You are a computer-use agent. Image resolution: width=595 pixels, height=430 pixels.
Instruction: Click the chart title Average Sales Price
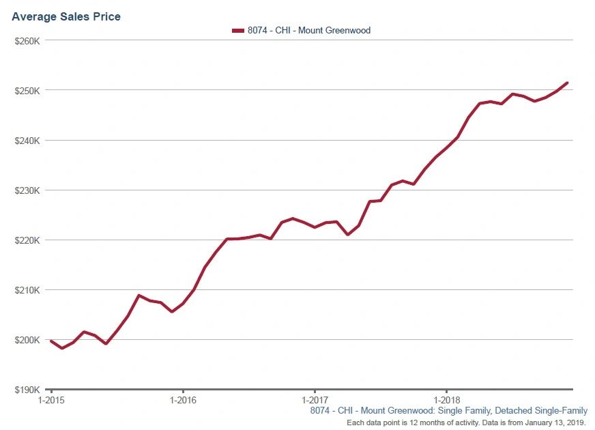(66, 16)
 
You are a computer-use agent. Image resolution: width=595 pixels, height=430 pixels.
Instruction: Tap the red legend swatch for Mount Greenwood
(238, 31)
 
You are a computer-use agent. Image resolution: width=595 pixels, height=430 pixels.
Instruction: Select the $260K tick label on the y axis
(29, 41)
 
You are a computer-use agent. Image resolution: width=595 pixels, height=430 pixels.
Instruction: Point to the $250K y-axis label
(29, 91)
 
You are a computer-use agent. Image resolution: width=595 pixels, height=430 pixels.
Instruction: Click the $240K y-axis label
(29, 141)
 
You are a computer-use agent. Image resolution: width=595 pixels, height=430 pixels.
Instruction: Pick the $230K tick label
(29, 190)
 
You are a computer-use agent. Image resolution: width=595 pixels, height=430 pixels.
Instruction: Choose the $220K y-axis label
(29, 240)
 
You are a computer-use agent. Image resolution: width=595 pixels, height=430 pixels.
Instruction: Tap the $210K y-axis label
(29, 290)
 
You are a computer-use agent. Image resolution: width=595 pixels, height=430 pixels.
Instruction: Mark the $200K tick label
(29, 340)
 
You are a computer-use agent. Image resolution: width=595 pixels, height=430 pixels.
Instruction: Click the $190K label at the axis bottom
(29, 390)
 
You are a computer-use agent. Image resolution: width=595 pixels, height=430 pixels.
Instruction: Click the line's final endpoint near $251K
(567, 83)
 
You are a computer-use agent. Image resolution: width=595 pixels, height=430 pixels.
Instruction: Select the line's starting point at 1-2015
(51, 341)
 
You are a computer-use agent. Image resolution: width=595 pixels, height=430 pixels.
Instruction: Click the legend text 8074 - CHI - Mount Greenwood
(308, 31)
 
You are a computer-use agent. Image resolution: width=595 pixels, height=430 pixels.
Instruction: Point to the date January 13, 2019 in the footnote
(551, 423)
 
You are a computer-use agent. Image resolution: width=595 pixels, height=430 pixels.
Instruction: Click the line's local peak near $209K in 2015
(139, 296)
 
